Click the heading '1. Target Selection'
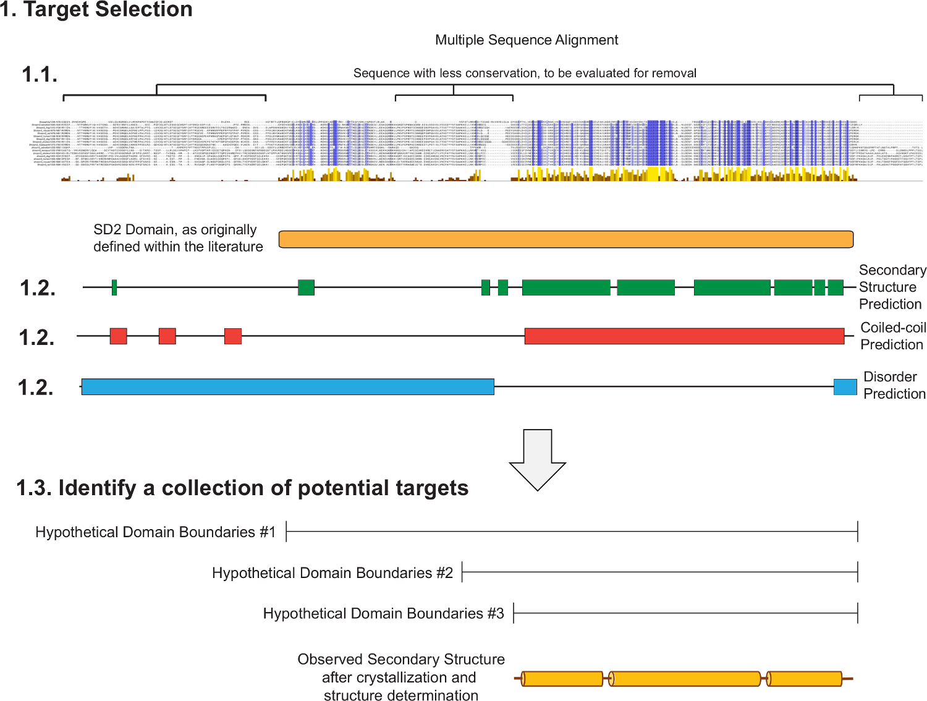pyautogui.click(x=96, y=10)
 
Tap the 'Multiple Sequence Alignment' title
pyautogui.click(x=527, y=40)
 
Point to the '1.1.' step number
pyautogui.click(x=40, y=75)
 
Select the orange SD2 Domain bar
pyautogui.click(x=565, y=239)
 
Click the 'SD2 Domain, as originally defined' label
pyautogui.click(x=178, y=238)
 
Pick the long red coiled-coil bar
pyautogui.click(x=684, y=336)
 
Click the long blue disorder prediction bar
pyautogui.click(x=287, y=387)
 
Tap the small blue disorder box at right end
pyautogui.click(x=845, y=387)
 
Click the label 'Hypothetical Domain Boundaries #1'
pyautogui.click(x=155, y=532)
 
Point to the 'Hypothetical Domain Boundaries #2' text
pyautogui.click(x=332, y=573)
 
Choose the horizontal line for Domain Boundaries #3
pyautogui.click(x=685, y=613)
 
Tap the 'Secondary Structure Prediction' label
pyautogui.click(x=892, y=287)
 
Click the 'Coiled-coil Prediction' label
pyautogui.click(x=892, y=336)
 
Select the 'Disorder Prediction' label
pyautogui.click(x=894, y=385)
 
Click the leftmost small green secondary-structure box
pyautogui.click(x=114, y=287)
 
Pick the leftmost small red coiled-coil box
pyautogui.click(x=118, y=336)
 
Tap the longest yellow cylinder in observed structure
pyautogui.click(x=685, y=679)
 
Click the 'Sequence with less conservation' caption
pyautogui.click(x=525, y=73)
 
